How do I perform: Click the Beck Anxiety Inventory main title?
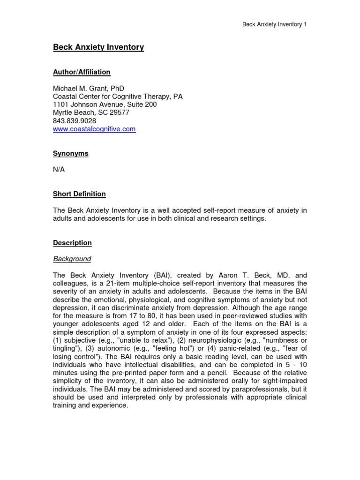pyautogui.click(x=98, y=47)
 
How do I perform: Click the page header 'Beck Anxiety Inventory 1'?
pyautogui.click(x=274, y=24)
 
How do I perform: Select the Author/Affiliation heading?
pyautogui.click(x=82, y=72)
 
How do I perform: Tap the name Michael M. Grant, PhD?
pyautogui.click(x=89, y=88)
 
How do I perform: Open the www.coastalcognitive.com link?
pyautogui.click(x=94, y=129)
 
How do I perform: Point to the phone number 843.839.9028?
pyautogui.click(x=75, y=121)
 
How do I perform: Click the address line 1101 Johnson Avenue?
pyautogui.click(x=105, y=105)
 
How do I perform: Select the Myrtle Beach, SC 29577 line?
pyautogui.click(x=91, y=112)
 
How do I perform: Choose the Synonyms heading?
pyautogui.click(x=70, y=153)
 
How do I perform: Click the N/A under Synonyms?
pyautogui.click(x=59, y=170)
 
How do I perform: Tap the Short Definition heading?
pyautogui.click(x=79, y=194)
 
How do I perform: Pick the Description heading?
pyautogui.click(x=72, y=243)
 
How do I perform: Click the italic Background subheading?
pyautogui.click(x=72, y=259)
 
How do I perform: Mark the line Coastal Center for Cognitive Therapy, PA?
pyautogui.click(x=118, y=97)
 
